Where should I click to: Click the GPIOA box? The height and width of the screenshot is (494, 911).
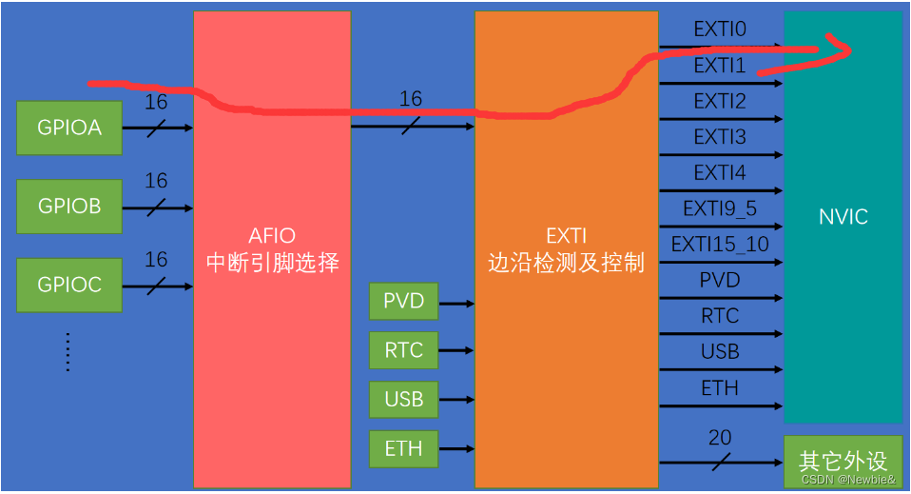coord(69,128)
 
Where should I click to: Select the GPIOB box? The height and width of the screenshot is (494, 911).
coord(69,206)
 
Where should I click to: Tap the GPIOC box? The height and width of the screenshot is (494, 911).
coord(69,285)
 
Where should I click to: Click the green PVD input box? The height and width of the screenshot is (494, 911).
coord(403,303)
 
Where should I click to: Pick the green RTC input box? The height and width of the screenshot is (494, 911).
coord(403,350)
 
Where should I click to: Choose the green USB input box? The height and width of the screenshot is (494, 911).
coord(403,399)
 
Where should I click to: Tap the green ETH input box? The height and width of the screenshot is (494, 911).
coord(403,447)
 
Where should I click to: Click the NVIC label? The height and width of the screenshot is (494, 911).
coord(843,217)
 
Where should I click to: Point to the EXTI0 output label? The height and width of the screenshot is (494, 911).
coord(720,30)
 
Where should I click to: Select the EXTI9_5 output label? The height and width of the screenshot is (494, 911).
coord(720,208)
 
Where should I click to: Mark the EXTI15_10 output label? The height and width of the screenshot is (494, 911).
coord(720,245)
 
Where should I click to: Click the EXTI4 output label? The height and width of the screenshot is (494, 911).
coord(720,172)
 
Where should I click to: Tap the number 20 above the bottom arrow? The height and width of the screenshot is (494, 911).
coord(720,439)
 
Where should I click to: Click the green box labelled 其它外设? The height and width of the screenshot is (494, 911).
coord(843,462)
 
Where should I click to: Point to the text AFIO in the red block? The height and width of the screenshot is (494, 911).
coord(272,236)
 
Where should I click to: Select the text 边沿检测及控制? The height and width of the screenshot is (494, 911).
coord(566,264)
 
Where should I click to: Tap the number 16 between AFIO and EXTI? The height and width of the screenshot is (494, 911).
coord(411,99)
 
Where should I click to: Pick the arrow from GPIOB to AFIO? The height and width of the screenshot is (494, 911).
coord(157,206)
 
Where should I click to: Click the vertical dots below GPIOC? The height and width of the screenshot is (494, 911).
coord(68,351)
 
